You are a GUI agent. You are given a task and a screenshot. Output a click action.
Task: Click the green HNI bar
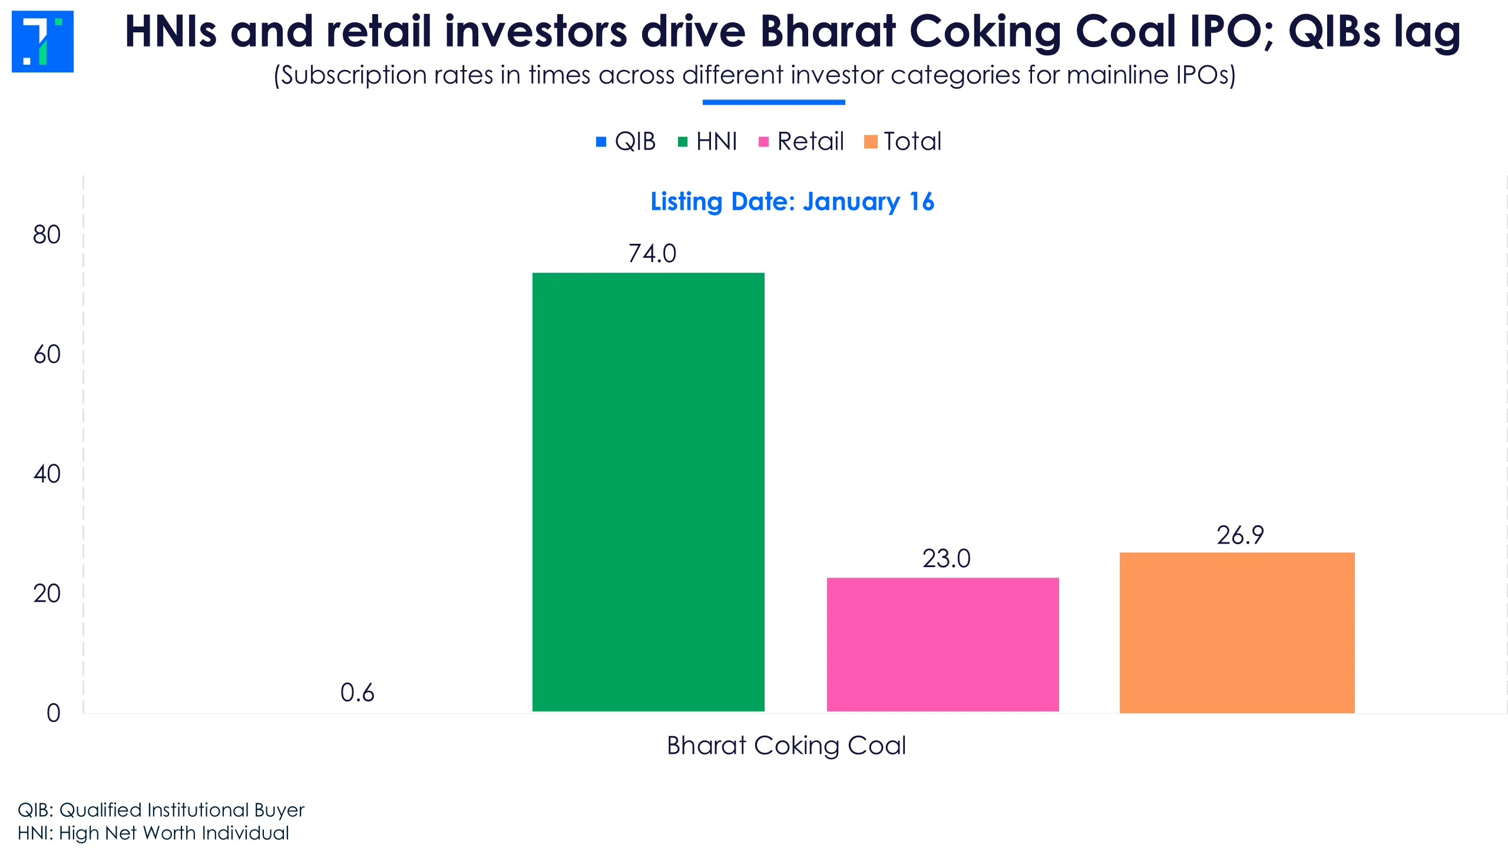[648, 492]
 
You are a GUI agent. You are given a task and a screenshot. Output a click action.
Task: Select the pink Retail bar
[943, 645]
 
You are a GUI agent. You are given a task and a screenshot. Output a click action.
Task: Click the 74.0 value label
[652, 254]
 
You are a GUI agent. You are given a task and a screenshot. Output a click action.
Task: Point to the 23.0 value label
[946, 559]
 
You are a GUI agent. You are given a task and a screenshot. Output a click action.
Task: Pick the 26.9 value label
[1240, 535]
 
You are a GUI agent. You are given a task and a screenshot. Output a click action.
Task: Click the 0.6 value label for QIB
[357, 693]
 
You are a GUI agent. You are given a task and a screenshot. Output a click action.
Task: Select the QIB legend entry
[626, 141]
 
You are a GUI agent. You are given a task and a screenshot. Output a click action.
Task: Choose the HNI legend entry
[707, 141]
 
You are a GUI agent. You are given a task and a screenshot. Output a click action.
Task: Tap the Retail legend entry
[801, 141]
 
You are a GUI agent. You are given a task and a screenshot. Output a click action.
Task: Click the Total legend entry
[903, 141]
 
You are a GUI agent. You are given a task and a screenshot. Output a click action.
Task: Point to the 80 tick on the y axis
[47, 235]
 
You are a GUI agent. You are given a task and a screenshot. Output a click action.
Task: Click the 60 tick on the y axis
[47, 355]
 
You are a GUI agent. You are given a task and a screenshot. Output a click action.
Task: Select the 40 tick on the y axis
[47, 474]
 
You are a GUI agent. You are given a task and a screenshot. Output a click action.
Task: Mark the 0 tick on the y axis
[53, 713]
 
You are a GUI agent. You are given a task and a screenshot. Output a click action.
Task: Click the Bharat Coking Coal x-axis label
[786, 746]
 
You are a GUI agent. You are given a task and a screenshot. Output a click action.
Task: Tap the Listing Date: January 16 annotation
[792, 202]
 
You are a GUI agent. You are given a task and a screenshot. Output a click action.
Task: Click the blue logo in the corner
[42, 41]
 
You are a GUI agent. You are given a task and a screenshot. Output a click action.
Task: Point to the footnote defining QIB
[161, 810]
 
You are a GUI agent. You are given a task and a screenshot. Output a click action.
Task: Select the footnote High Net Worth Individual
[153, 833]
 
